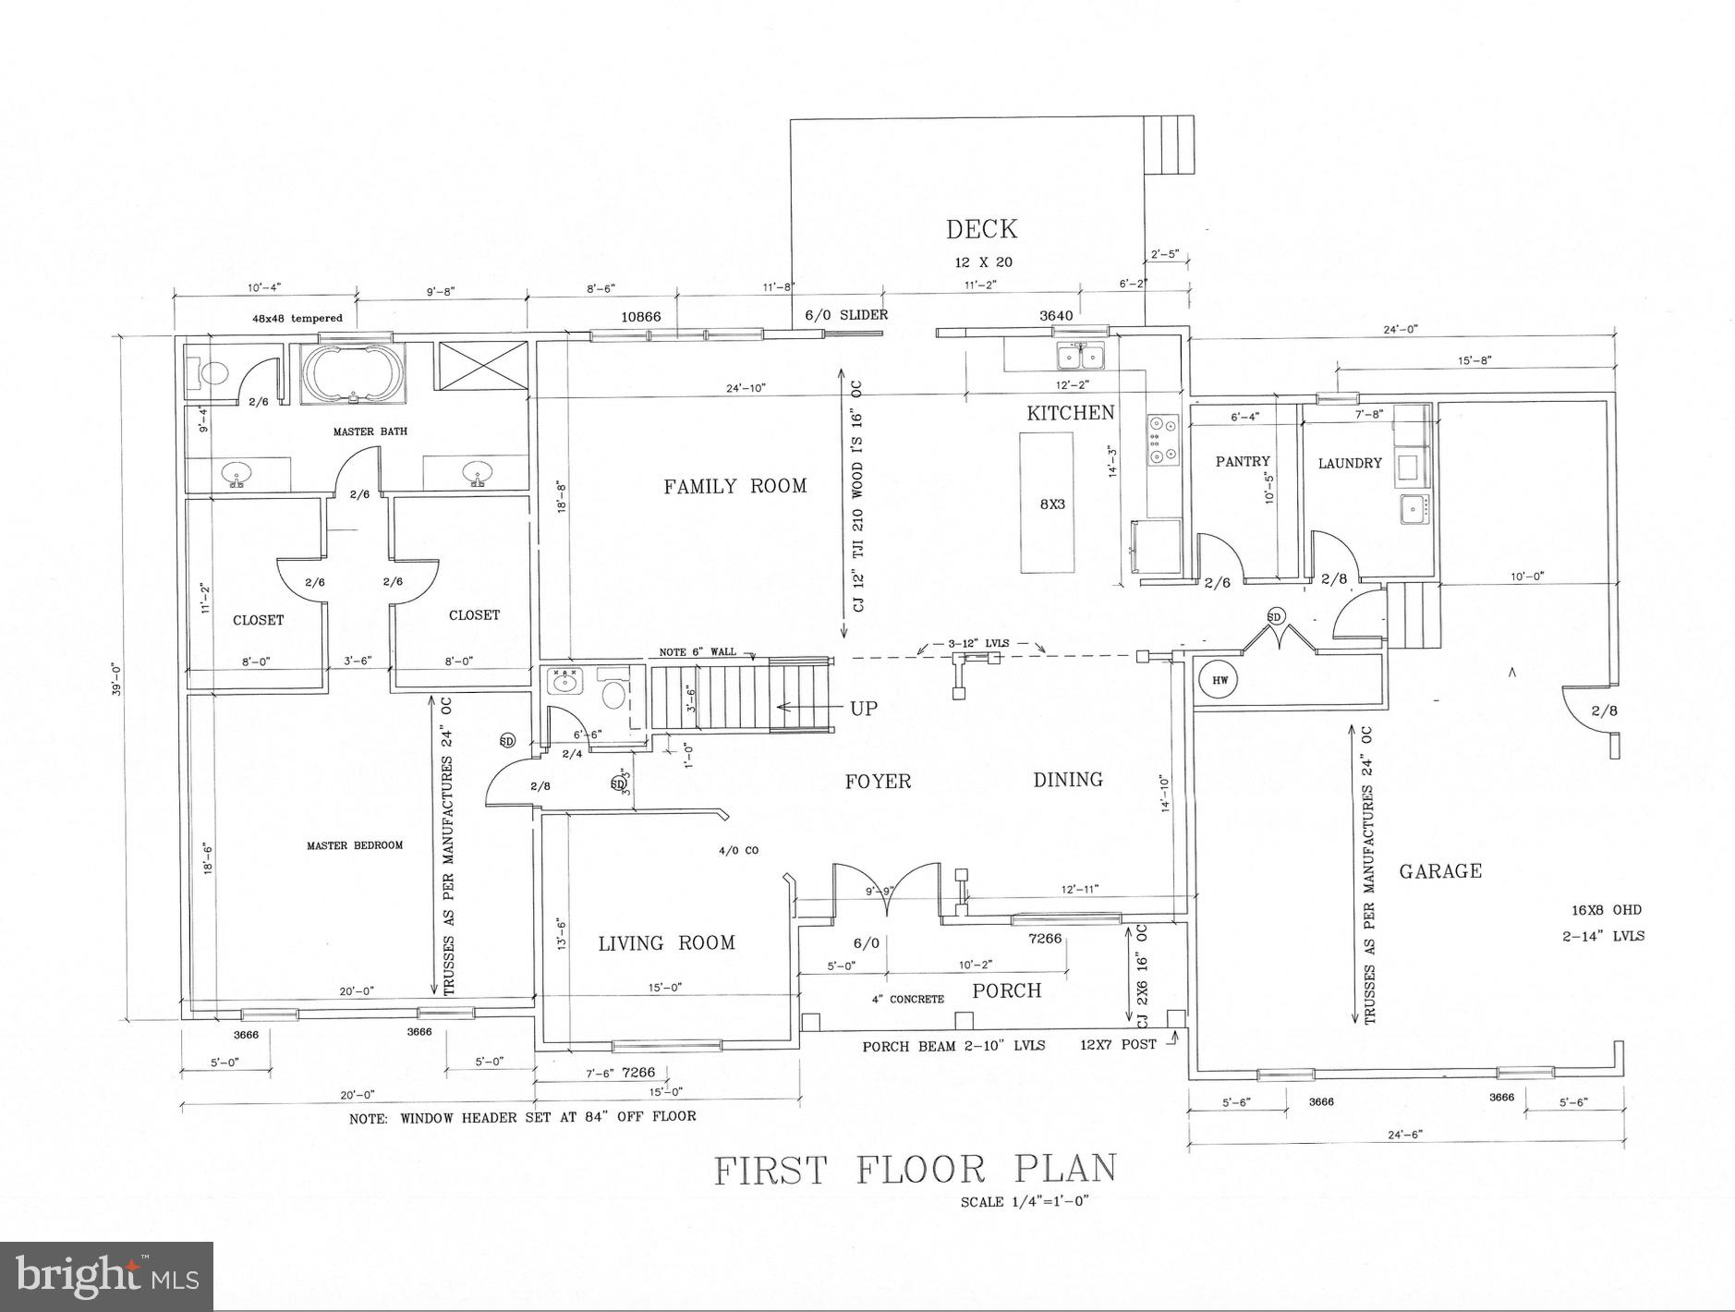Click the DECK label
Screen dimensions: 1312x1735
point(981,229)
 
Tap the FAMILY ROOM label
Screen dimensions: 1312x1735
point(734,486)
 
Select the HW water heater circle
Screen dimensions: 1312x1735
point(1219,681)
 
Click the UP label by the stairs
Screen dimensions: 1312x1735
point(863,709)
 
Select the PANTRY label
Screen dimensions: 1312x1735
point(1243,461)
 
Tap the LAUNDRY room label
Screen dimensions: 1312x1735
point(1350,463)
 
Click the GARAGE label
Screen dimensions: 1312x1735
point(1439,871)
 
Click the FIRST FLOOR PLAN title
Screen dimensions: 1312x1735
point(915,1170)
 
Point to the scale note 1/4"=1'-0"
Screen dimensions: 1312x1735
point(1026,1202)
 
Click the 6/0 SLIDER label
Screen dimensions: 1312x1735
point(845,315)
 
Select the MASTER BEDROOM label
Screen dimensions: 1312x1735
point(355,845)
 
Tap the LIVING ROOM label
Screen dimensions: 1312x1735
point(666,943)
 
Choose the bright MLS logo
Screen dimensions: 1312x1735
point(107,1276)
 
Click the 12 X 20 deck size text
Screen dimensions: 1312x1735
point(983,262)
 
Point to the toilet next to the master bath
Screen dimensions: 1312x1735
point(212,372)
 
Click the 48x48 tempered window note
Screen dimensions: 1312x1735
point(297,319)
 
